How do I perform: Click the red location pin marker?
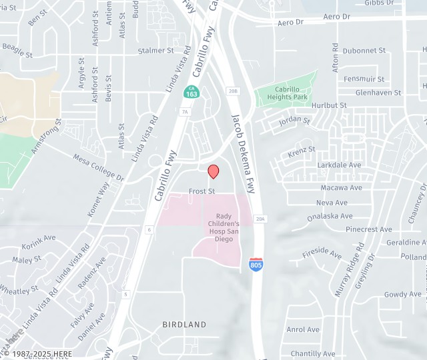pyautogui.click(x=213, y=171)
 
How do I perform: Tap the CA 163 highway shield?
pyautogui.click(x=191, y=92)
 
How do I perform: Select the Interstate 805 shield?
pyautogui.click(x=256, y=263)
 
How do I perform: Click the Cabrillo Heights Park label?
pyautogui.click(x=291, y=93)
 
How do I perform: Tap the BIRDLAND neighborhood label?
pyautogui.click(x=184, y=325)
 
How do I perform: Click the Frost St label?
pyautogui.click(x=201, y=191)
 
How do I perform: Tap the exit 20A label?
pyautogui.click(x=260, y=218)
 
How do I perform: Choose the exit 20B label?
pyautogui.click(x=232, y=91)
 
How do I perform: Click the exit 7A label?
pyautogui.click(x=185, y=112)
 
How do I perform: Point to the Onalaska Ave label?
pyautogui.click(x=330, y=217)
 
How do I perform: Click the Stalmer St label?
pyautogui.click(x=155, y=51)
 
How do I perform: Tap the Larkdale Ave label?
pyautogui.click(x=339, y=165)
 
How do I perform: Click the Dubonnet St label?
pyautogui.click(x=364, y=51)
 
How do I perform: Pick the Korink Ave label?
pyautogui.click(x=39, y=239)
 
